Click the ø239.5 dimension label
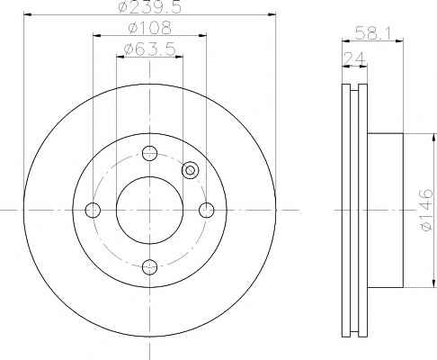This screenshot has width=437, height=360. tap(150, 6)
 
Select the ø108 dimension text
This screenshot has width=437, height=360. tap(149, 27)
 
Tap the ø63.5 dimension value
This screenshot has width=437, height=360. tap(149, 49)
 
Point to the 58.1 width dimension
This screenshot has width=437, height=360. tap(373, 33)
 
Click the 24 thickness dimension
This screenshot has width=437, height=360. tap(354, 58)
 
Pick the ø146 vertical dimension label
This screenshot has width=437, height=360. tap(426, 210)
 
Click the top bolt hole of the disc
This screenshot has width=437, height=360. tap(149, 153)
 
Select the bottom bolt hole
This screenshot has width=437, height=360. tap(149, 266)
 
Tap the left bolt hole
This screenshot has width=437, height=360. tap(93, 210)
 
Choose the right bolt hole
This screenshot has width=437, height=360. tap(207, 210)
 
